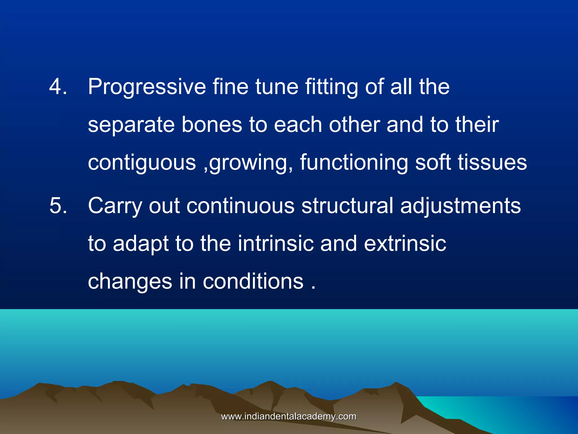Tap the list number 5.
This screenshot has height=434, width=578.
coord(58,205)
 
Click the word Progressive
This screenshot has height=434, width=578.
coord(147,87)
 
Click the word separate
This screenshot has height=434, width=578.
coord(131,125)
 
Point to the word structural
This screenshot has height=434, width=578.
coord(347,205)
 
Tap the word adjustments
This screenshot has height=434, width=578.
coord(460,206)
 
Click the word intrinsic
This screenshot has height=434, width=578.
coord(275,243)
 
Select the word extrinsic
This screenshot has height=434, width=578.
coord(405,243)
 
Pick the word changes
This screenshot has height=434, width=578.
coord(130,281)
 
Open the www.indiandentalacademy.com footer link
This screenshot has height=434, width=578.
coord(289,416)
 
